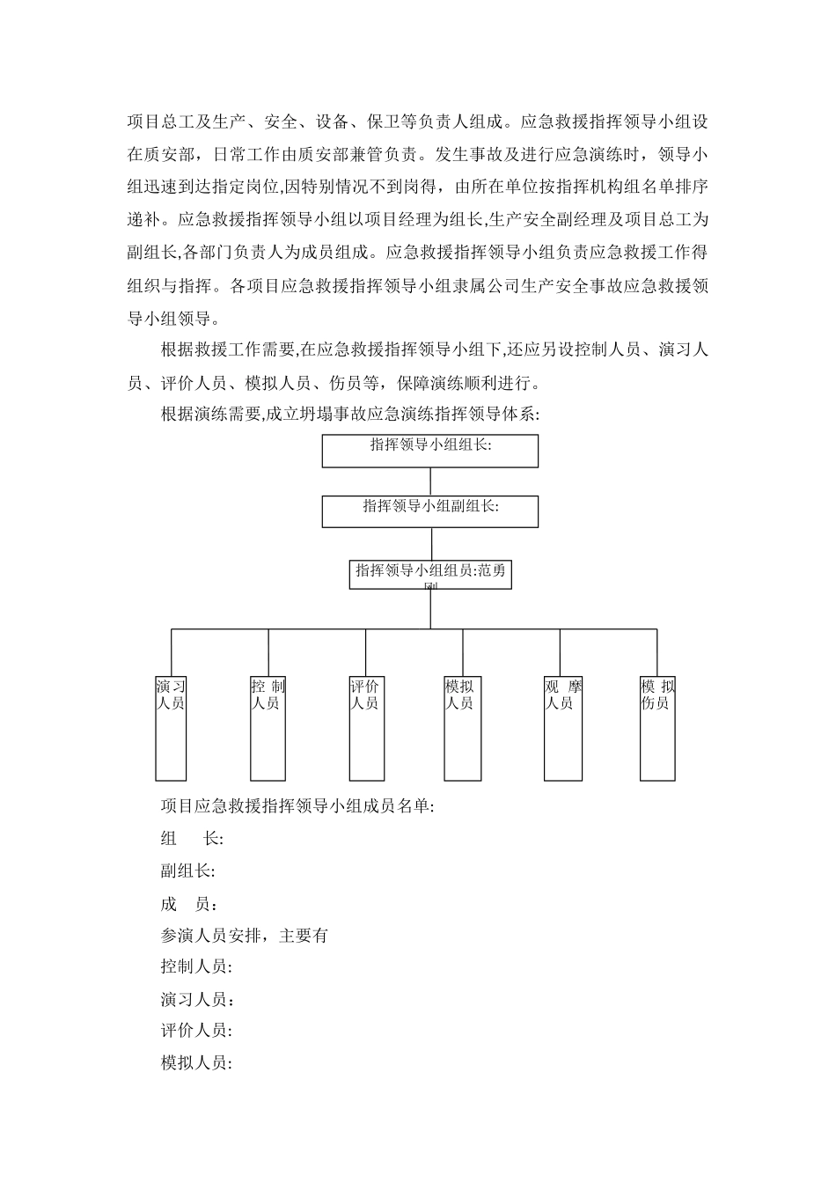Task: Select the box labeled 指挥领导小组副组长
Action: [429, 511]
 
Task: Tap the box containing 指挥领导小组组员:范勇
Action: [429, 574]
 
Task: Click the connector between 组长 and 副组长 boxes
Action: [430, 481]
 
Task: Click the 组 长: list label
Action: [192, 838]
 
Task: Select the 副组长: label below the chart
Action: [187, 871]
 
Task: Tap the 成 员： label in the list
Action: [190, 904]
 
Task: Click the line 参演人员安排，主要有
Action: [244, 936]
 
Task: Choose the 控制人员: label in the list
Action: [196, 967]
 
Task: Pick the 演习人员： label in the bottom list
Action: [198, 999]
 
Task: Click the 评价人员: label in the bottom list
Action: [196, 1031]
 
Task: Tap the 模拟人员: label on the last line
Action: [196, 1062]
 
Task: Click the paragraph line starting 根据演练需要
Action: [349, 415]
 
